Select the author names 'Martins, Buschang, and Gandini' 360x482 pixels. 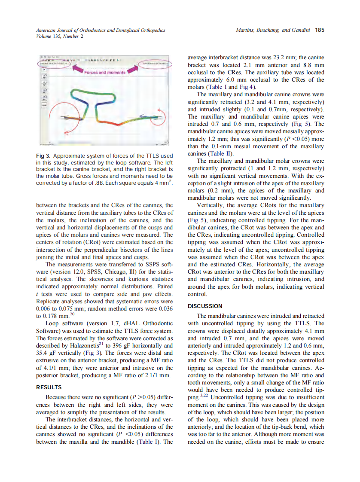click(x=274, y=31)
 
